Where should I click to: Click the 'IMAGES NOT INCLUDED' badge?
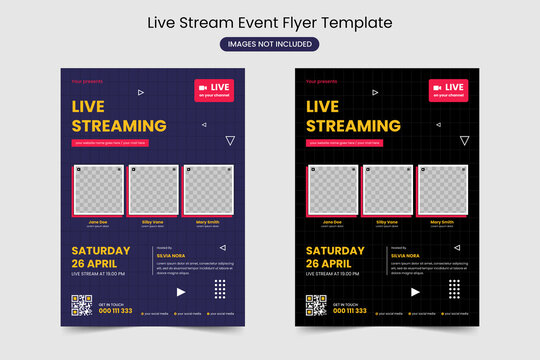tap(269, 43)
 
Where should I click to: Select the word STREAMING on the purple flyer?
tap(119, 126)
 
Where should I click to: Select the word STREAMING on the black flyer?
tap(353, 126)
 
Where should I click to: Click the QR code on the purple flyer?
tap(81, 305)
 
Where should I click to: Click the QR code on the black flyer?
tap(315, 305)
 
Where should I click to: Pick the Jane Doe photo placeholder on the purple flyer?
tap(97, 190)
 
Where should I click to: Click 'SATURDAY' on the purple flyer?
tap(100, 251)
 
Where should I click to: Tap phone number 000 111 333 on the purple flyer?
tap(114, 310)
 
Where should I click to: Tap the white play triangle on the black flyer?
tap(415, 292)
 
